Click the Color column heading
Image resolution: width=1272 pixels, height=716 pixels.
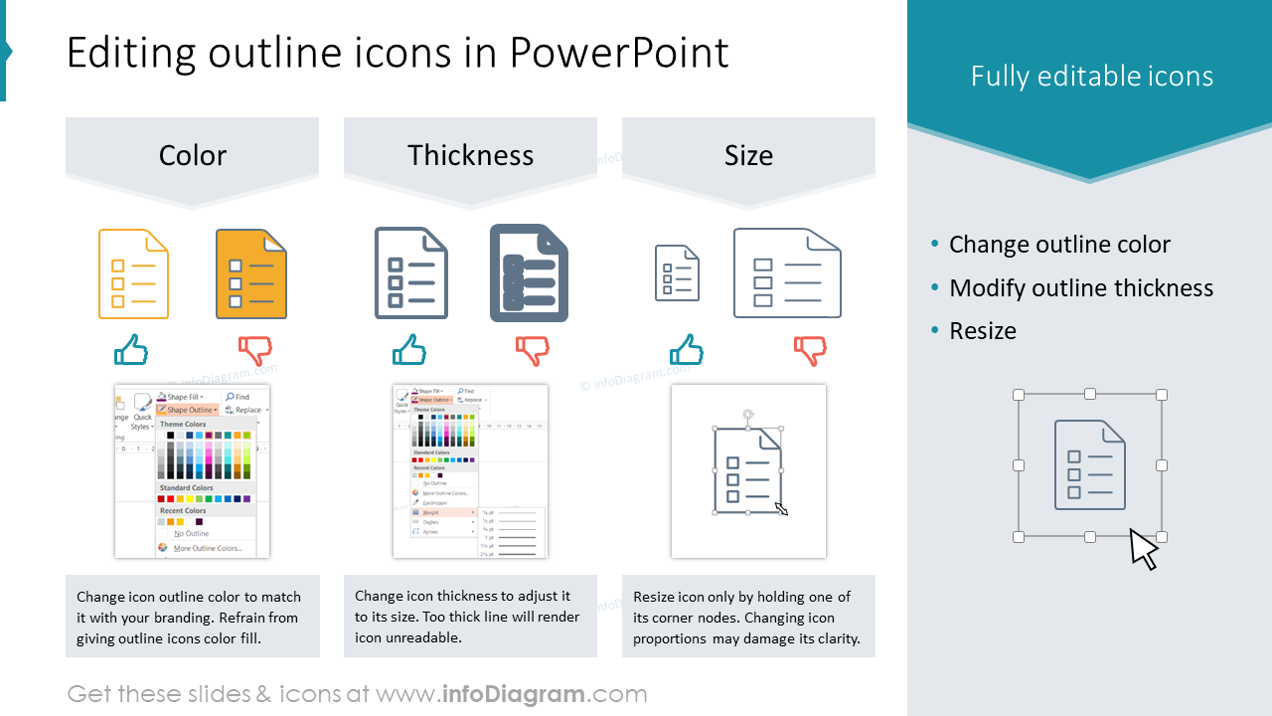tap(193, 155)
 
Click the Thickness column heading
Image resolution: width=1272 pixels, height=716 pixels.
tap(470, 155)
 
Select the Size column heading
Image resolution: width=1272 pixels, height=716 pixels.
tap(748, 155)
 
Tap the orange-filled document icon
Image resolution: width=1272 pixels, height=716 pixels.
tap(251, 274)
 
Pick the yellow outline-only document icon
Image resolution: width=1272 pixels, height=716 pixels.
tap(133, 274)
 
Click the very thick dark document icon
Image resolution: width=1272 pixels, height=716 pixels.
tap(529, 273)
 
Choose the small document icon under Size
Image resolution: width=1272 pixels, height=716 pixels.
tap(677, 272)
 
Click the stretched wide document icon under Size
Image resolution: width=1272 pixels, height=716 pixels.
tap(787, 273)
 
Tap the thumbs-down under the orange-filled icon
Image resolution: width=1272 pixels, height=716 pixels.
tap(254, 350)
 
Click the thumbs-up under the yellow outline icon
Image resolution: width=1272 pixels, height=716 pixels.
tap(131, 350)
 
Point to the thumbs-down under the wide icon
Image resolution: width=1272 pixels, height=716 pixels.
tap(810, 350)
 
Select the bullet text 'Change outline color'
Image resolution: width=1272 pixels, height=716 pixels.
tap(1059, 245)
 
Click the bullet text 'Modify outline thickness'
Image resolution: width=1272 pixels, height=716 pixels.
tap(1081, 288)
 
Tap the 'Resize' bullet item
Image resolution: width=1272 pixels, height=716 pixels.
tap(983, 331)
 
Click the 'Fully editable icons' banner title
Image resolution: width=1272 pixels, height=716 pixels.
tap(1092, 77)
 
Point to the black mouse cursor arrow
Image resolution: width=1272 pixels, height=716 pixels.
tap(1143, 549)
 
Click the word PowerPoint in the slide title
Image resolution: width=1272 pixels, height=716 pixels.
tap(619, 53)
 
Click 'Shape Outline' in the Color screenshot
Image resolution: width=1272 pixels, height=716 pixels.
tap(189, 410)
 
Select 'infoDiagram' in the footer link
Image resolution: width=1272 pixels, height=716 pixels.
tap(512, 694)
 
